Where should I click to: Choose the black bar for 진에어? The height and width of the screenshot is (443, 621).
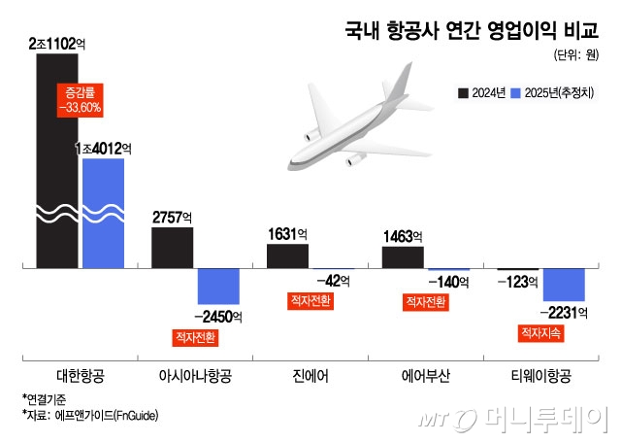[286, 256]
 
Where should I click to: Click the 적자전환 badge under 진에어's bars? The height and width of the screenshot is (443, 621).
[310, 301]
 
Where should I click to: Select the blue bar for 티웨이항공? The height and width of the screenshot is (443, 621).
[564, 284]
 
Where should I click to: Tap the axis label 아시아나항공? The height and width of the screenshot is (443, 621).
[194, 375]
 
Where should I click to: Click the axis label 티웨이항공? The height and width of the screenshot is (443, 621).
[540, 375]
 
